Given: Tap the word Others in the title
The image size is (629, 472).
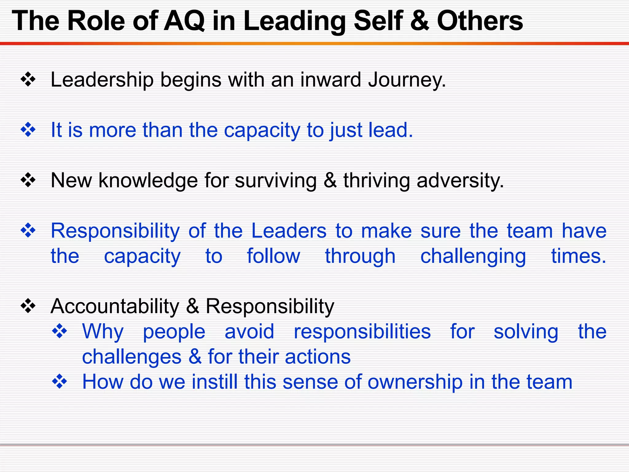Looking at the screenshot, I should [x=480, y=21].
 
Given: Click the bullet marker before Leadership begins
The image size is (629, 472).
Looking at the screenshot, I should [x=28, y=80].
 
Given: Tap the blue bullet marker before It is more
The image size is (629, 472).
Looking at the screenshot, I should [x=28, y=130].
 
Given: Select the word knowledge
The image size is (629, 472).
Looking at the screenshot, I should [x=148, y=180].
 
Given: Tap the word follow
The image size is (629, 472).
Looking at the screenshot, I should [x=273, y=256].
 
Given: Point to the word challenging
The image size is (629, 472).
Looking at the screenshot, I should [x=473, y=257].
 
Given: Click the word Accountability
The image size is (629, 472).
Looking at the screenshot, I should [x=115, y=306].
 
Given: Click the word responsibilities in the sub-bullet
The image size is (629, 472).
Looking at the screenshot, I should [x=362, y=332].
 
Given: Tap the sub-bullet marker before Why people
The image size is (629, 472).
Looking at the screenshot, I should [x=59, y=331].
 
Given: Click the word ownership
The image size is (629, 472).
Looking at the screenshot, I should [x=415, y=382].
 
